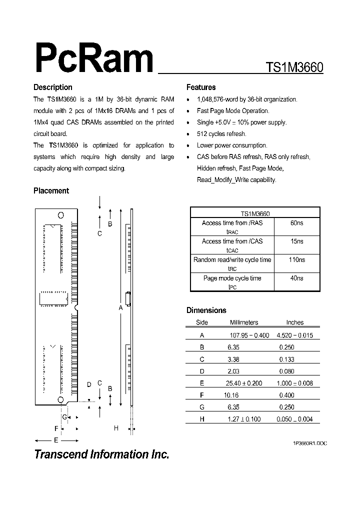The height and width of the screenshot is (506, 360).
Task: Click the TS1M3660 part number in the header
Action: (294, 67)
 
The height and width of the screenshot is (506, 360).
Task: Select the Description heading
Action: (53, 87)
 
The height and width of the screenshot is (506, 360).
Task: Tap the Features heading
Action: (201, 87)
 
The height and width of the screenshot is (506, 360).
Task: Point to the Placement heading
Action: (51, 191)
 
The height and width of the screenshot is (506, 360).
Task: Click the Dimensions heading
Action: (206, 310)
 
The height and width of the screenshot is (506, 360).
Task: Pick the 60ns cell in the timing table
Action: (297, 223)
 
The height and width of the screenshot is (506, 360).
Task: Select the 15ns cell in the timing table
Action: (297, 241)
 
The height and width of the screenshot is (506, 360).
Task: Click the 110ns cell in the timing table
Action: (297, 260)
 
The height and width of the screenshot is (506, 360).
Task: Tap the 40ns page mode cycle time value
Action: (297, 278)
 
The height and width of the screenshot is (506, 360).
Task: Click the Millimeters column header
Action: (244, 323)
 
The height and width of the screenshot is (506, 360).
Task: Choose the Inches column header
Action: (295, 323)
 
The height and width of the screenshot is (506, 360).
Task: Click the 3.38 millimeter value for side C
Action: (237, 359)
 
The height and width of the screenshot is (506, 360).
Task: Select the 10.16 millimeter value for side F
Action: (231, 395)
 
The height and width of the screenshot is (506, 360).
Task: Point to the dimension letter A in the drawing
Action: (120, 308)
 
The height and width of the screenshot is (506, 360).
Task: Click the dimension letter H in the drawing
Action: (116, 428)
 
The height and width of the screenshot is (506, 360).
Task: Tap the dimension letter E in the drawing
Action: (56, 440)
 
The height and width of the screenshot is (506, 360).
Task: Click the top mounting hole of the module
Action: (61, 215)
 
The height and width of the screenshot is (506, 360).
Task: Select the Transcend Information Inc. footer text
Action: (101, 454)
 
